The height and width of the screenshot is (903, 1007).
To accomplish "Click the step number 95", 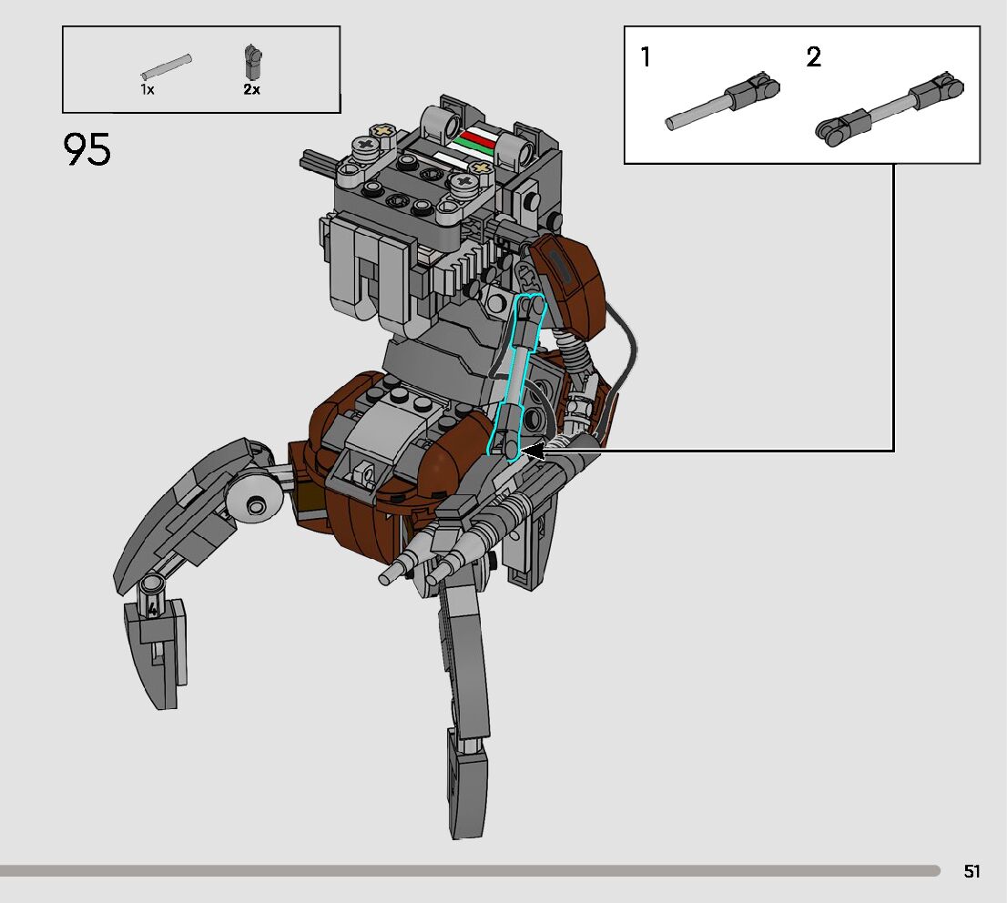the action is coord(87,150).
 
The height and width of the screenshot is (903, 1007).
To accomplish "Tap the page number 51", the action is coord(971,871).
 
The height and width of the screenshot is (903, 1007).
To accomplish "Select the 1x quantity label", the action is coord(147,89).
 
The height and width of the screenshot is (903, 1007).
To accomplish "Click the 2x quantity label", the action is coord(251,89).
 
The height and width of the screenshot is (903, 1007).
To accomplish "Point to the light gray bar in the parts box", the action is coord(167,67).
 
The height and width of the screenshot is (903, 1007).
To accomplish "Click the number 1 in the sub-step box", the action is coord(646,58).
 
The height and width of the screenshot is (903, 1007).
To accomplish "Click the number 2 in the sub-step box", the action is coord(813,58).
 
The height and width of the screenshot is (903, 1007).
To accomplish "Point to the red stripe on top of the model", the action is coord(476,137).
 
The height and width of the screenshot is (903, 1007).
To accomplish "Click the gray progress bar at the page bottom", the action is coord(469,871).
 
